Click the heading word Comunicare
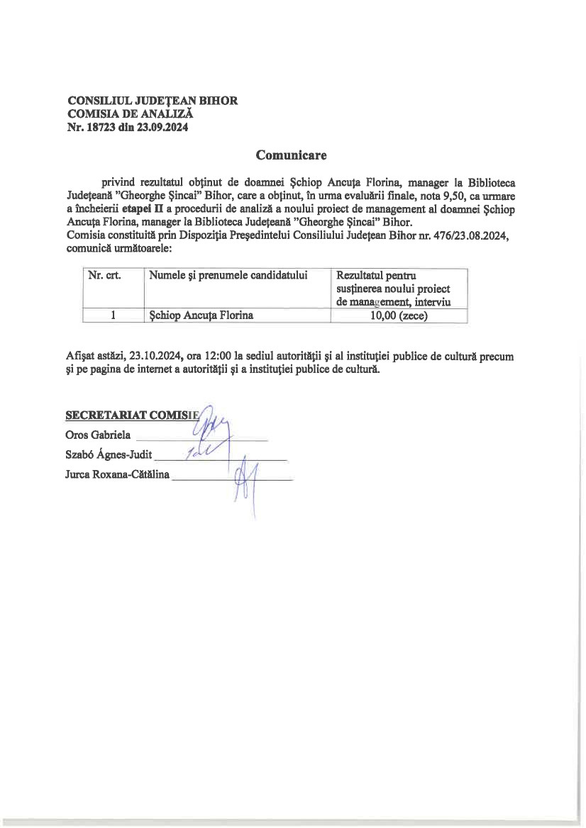point(290,155)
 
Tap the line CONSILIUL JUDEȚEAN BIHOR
point(152,101)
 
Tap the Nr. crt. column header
point(104,276)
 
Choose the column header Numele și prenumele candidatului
point(228,276)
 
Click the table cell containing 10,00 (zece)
point(399,316)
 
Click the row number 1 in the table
point(113,316)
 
